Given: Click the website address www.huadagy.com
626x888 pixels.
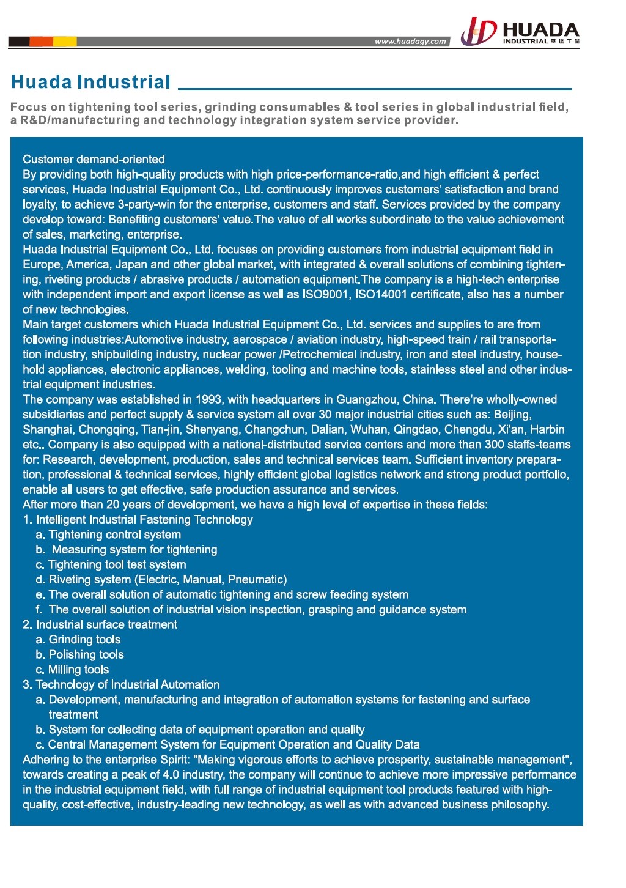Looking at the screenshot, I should [x=410, y=42].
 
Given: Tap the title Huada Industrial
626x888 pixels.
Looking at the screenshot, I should [x=90, y=82].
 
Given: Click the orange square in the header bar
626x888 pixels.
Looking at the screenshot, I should [x=42, y=42].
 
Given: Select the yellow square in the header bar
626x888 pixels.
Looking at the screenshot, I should [x=65, y=42].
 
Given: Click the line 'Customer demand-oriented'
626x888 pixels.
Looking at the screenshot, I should [x=94, y=159].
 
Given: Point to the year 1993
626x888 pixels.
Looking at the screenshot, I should [x=208, y=399].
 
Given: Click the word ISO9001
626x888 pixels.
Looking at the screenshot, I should [x=325, y=294].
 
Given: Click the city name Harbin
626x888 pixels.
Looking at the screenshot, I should [x=547, y=429].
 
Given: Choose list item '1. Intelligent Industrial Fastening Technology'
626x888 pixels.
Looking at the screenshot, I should [x=138, y=519].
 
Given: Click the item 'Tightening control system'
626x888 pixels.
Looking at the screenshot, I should [x=114, y=535].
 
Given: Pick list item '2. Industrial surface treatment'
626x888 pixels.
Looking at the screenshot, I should [x=100, y=624].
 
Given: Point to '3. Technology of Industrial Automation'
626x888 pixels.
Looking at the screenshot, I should [x=121, y=684].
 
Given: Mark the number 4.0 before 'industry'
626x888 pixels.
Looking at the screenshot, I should [x=171, y=774].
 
